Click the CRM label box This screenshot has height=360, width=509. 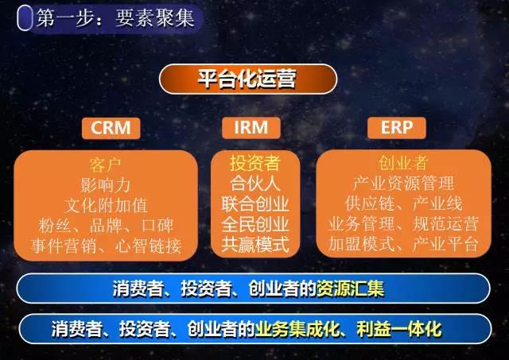pyautogui.click(x=111, y=128)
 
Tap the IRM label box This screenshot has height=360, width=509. pyautogui.click(x=251, y=128)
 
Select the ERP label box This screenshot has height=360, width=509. pyautogui.click(x=396, y=128)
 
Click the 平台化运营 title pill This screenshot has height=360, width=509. pyautogui.click(x=248, y=79)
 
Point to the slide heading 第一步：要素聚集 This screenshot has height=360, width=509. pyautogui.click(x=115, y=17)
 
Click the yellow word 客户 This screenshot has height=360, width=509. pyautogui.click(x=105, y=165)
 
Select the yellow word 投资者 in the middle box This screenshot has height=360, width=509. pyautogui.click(x=255, y=163)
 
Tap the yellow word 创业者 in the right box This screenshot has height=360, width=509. pyautogui.click(x=403, y=163)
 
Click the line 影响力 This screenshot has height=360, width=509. pyautogui.click(x=106, y=185)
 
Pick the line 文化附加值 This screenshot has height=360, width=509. pyautogui.click(x=106, y=206)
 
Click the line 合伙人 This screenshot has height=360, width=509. pyautogui.click(x=255, y=184)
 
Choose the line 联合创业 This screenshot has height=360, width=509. pyautogui.click(x=255, y=204)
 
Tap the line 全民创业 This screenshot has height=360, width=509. pyautogui.click(x=255, y=224)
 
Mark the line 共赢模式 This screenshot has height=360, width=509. pyautogui.click(x=255, y=245)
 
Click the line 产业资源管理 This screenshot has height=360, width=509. pyautogui.click(x=403, y=184)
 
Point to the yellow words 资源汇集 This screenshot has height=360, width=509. pyautogui.click(x=350, y=288)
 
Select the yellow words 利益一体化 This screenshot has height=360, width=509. pyautogui.click(x=399, y=329)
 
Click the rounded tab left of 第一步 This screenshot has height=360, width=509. pyautogui.click(x=25, y=18)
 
